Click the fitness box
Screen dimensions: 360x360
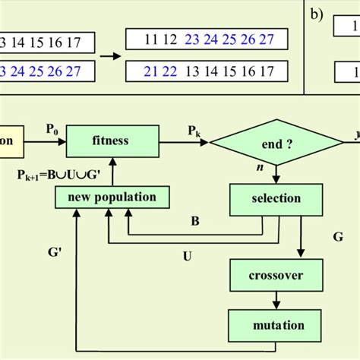pos(112,141)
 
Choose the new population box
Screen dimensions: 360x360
pos(112,197)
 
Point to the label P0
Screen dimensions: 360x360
pos(51,130)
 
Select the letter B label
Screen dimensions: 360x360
pos(195,223)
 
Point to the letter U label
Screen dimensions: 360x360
pos(187,256)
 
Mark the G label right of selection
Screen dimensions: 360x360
pos(337,237)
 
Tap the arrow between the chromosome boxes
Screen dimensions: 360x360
pos(111,55)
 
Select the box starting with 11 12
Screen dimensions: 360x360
pos(207,39)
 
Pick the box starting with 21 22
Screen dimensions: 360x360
pos(207,71)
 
